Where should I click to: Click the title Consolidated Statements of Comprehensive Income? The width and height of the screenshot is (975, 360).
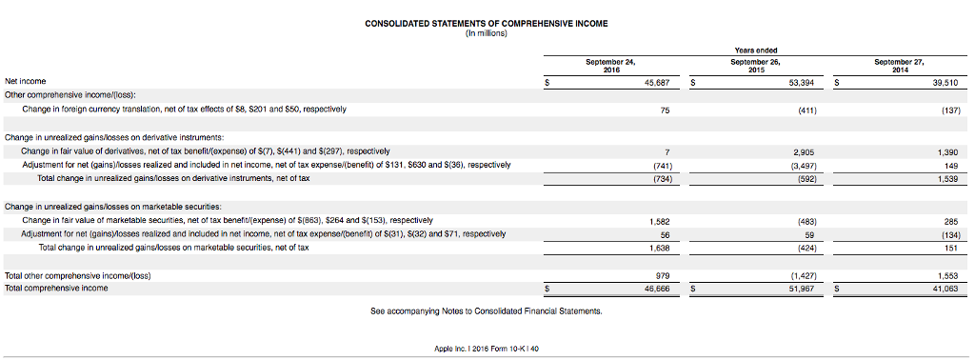click(x=487, y=23)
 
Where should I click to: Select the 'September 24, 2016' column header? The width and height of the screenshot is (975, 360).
click(x=611, y=65)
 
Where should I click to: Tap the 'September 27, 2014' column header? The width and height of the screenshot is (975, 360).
click(x=900, y=65)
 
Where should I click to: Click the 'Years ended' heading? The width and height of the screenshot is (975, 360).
click(x=756, y=50)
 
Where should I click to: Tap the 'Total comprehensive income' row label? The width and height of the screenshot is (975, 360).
click(x=56, y=288)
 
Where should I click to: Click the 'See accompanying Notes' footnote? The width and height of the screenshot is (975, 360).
click(x=487, y=310)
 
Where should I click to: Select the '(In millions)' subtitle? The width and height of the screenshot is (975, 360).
click(x=487, y=32)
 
